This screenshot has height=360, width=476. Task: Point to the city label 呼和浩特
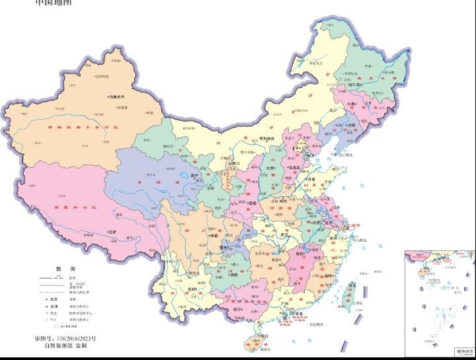coord(270,138)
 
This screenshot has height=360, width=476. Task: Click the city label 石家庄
coord(295,168)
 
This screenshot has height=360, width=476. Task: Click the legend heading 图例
coord(63,270)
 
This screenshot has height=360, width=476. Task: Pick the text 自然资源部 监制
coord(65,345)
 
